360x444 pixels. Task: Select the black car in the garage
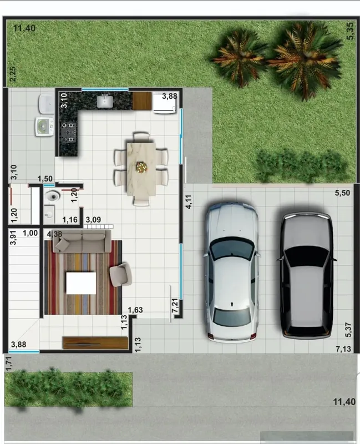(x=307, y=275)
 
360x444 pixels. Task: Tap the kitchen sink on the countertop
(x=105, y=102)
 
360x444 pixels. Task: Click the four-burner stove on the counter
(x=69, y=132)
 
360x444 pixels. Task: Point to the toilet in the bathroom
(x=52, y=196)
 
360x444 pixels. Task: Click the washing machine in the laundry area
(x=44, y=127)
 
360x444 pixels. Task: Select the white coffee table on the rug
(x=81, y=283)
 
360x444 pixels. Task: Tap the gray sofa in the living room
(x=82, y=241)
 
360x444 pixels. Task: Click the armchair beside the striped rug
(x=120, y=274)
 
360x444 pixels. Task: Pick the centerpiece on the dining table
(x=142, y=167)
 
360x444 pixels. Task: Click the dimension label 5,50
(x=342, y=193)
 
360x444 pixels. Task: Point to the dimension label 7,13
(x=343, y=349)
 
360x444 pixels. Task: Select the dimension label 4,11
(x=189, y=202)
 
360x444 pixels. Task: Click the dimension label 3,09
(x=93, y=220)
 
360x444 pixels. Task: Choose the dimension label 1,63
(x=135, y=310)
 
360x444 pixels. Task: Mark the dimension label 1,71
(x=9, y=364)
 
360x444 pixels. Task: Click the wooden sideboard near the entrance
(x=95, y=343)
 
